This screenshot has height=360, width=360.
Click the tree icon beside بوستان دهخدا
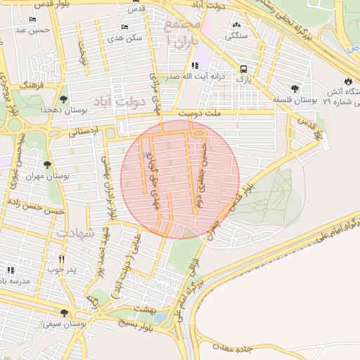64,99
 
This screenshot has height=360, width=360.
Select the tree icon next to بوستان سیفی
64,313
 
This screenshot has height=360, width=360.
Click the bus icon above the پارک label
243,69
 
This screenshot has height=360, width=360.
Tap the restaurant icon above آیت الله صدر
184,65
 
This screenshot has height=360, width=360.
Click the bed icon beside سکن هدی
124,27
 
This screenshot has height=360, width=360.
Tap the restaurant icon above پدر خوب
63,258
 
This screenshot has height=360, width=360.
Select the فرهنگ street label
33,84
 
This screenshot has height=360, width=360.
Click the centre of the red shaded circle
180,179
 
